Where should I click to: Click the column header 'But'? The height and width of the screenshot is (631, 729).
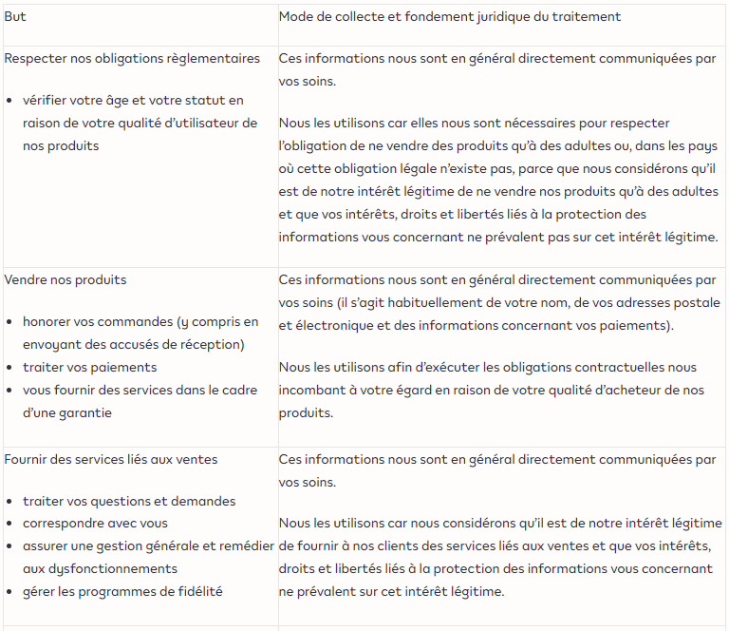pos(15,17)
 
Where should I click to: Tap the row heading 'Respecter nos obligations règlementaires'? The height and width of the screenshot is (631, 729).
pos(132,59)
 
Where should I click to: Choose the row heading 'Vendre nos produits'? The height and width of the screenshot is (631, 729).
pos(65,279)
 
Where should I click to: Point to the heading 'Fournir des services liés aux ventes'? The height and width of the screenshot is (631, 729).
pos(111,459)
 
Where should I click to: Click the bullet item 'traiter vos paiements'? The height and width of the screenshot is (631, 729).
pos(90,367)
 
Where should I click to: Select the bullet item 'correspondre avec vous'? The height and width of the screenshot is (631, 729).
pos(95,523)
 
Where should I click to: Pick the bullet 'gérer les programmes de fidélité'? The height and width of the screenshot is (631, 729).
pos(122,591)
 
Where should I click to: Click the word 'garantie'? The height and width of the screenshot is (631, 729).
pos(86,412)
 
